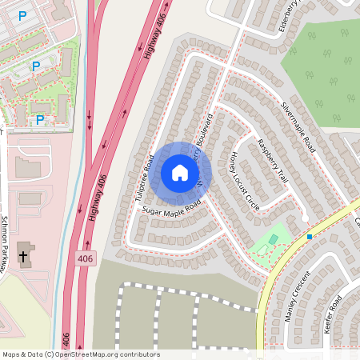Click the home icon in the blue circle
tap(180, 173)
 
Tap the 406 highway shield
tap(86, 259)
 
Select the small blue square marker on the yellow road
tap(310, 237)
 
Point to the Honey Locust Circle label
tap(244, 180)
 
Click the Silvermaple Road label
tap(298, 127)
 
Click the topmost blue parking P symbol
tap(22, 15)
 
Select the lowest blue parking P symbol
tap(39, 119)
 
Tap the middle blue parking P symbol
tap(35, 66)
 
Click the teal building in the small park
tap(273, 238)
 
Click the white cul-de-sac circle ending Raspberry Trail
tap(305, 218)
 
